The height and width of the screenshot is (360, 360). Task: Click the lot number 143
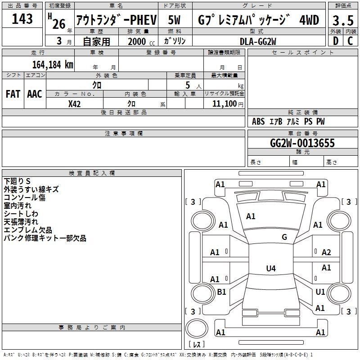click(22, 19)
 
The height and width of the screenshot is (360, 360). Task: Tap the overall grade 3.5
click(342, 20)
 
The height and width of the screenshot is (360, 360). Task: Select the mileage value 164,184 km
click(53, 64)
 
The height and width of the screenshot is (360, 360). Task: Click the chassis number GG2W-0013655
click(302, 143)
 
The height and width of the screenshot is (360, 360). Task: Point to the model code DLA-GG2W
click(258, 41)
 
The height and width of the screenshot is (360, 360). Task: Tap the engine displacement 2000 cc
click(137, 41)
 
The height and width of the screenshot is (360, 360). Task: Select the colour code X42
click(75, 103)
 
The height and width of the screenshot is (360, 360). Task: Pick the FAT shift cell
click(13, 94)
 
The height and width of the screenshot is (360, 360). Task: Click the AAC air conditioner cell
click(35, 94)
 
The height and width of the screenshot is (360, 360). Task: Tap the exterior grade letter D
click(335, 41)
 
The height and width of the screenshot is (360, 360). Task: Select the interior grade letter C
click(350, 41)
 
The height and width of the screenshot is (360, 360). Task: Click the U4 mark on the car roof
click(270, 269)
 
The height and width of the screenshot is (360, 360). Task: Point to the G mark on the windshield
click(284, 237)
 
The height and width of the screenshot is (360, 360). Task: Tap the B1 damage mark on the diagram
click(221, 292)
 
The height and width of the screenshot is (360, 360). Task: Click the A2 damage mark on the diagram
click(326, 252)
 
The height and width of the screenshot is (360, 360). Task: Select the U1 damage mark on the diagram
click(320, 292)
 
